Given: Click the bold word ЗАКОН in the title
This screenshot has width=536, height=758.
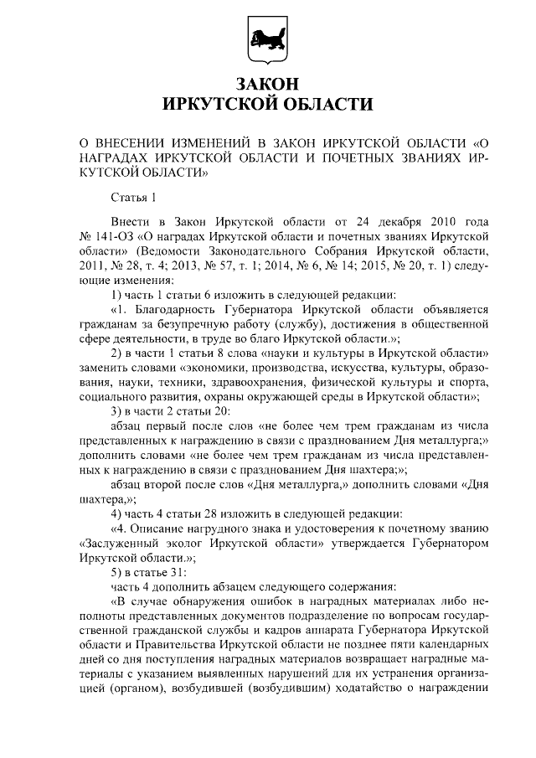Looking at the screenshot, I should [x=267, y=85].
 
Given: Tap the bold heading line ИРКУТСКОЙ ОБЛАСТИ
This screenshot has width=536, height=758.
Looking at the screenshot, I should [x=267, y=104].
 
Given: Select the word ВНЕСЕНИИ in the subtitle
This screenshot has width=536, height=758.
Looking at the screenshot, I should [x=132, y=142].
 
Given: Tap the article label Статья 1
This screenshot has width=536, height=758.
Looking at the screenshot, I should [x=134, y=198].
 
